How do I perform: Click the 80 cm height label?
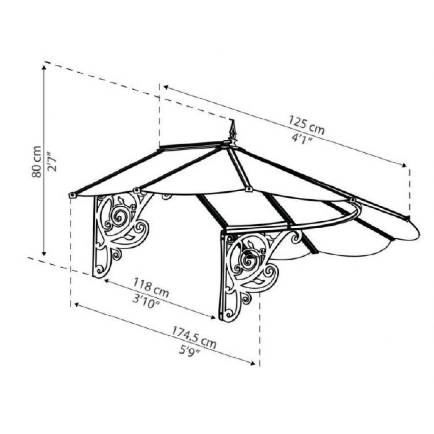pos(37,162)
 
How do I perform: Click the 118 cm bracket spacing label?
pos(151,287)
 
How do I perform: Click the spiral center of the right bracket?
pos(249,260)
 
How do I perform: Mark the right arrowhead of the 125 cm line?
pos(405,166)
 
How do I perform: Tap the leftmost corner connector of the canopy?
pos(72,195)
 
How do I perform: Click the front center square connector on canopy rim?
pos(248,189)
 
